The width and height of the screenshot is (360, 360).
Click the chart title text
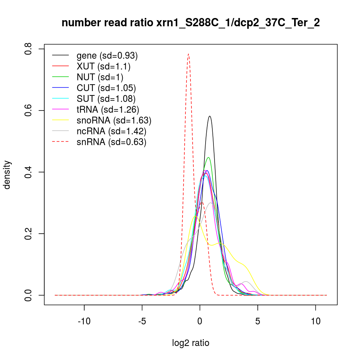[191, 23]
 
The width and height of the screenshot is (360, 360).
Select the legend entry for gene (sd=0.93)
[107, 56]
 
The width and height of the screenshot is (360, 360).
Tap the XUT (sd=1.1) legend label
[103, 67]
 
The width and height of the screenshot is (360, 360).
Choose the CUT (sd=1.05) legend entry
[106, 88]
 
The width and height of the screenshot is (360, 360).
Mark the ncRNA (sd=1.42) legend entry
[111, 131]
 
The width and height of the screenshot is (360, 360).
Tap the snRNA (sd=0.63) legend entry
[111, 142]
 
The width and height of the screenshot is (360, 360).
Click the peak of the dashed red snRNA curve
[188, 54]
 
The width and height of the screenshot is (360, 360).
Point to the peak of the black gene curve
[209, 116]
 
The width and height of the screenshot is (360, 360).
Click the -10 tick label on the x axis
[84, 321]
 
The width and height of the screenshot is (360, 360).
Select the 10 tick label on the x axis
[315, 321]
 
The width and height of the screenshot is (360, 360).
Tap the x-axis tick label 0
[200, 321]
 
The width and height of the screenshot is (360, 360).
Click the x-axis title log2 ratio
[191, 343]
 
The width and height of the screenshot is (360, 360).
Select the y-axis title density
[8, 175]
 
